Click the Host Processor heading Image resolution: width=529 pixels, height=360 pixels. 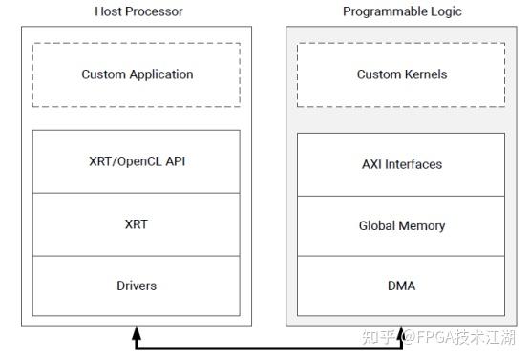click(x=138, y=11)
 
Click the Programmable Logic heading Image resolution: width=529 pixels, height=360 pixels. click(x=401, y=11)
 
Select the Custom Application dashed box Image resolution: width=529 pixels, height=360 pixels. click(x=137, y=74)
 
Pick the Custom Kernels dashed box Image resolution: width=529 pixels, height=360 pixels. click(x=401, y=74)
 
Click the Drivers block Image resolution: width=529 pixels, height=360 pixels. click(x=137, y=286)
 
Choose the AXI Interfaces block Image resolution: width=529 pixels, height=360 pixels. click(x=401, y=164)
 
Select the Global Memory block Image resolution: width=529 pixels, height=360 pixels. click(x=401, y=225)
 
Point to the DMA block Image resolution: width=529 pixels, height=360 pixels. click(x=401, y=286)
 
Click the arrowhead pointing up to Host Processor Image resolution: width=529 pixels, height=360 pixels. click(x=137, y=333)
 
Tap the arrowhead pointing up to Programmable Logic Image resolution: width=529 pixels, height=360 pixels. click(x=402, y=333)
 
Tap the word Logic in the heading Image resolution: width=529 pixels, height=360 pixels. click(x=445, y=11)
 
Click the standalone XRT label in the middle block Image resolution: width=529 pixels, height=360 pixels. click(x=137, y=224)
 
